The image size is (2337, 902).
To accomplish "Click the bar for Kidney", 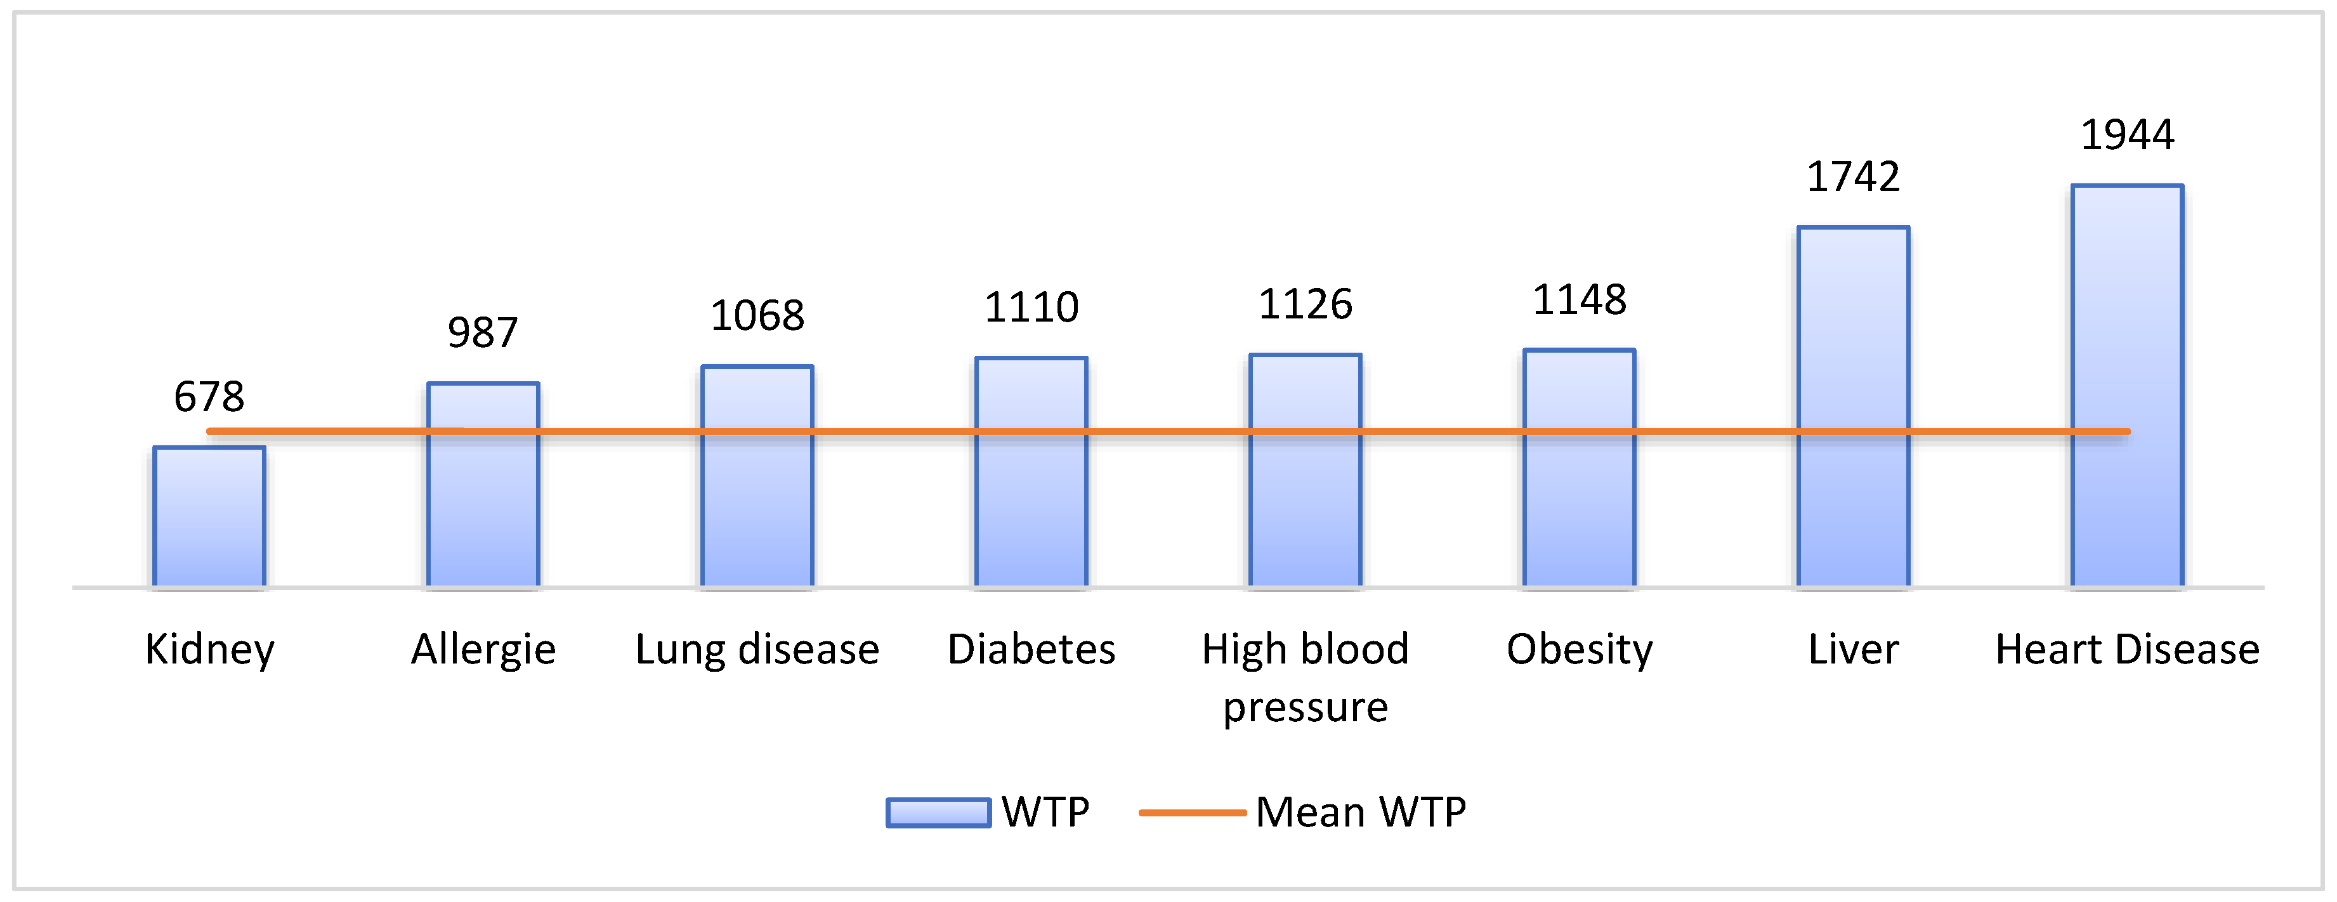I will (x=209, y=517).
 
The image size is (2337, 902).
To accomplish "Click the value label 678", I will (x=209, y=396).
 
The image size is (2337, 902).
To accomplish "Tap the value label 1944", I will (x=2126, y=135).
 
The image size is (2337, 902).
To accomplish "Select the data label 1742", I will (x=1852, y=176).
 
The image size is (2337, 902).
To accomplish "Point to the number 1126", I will (x=1305, y=304).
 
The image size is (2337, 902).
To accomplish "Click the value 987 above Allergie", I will (x=483, y=332).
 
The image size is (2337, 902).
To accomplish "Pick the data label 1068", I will (x=757, y=316).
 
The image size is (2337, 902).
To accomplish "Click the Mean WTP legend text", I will (x=1360, y=812).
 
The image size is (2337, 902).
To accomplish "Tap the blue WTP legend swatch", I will (x=938, y=812).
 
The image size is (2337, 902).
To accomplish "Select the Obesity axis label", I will (x=1578, y=650).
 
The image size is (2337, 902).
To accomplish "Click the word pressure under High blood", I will (x=1305, y=707).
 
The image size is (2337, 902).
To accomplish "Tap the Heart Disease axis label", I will (x=2126, y=650).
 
